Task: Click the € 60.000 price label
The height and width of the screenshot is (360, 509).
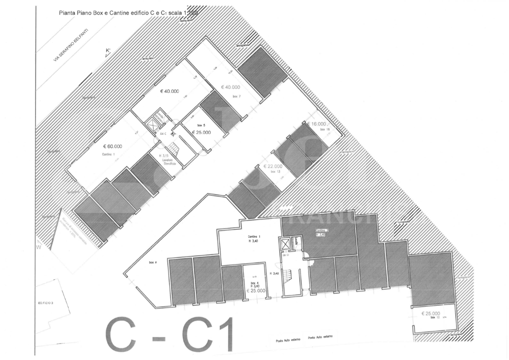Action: [x=113, y=146]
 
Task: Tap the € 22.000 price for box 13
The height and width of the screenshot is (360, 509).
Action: [x=273, y=166]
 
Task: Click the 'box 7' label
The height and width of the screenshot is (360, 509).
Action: [x=236, y=96]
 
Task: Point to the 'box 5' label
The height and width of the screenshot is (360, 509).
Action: [x=201, y=125]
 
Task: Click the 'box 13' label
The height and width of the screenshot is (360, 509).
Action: [x=275, y=171]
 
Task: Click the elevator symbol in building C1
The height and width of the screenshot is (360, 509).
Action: [x=285, y=244]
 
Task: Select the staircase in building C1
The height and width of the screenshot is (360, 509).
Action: [x=287, y=275]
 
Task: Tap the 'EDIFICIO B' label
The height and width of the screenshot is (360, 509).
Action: [x=46, y=303]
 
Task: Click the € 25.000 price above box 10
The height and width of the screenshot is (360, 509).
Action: [x=430, y=313]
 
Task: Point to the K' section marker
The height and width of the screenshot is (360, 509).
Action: [x=107, y=50]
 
